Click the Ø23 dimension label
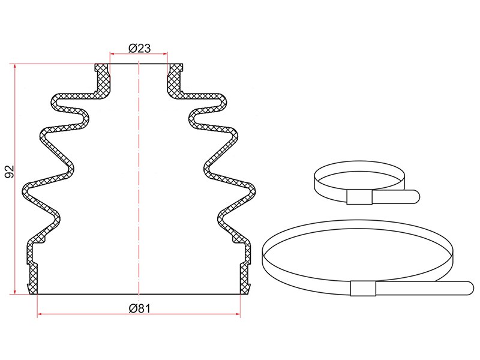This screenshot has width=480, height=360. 140,48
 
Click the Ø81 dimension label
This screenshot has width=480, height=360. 140,308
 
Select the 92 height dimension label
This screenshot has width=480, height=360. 10,172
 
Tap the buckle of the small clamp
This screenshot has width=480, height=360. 359,197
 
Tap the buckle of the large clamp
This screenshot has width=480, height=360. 363,289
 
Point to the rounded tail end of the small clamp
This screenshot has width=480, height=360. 416,196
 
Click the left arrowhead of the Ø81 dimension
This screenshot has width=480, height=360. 40,314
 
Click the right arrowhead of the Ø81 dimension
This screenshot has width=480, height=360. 238,314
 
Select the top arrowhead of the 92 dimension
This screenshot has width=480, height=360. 14,67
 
